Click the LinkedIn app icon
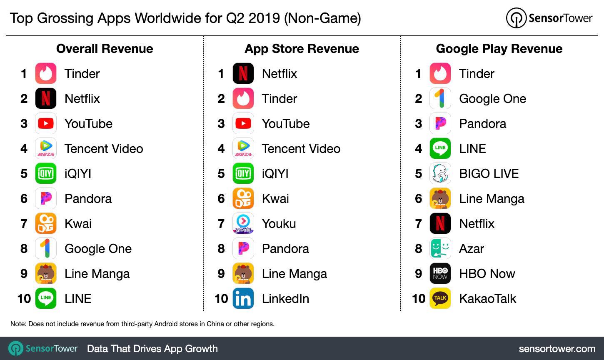tap(243, 298)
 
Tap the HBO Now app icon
tap(440, 273)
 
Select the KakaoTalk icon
tap(440, 298)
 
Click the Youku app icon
tap(243, 223)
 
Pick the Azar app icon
tap(440, 248)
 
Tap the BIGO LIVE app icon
tap(440, 173)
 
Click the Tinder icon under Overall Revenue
tap(46, 73)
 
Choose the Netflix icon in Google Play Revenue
tap(440, 223)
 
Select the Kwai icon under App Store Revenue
tap(243, 198)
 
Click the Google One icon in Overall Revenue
tap(46, 248)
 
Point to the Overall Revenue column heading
tap(105, 49)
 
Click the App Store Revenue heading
tap(302, 49)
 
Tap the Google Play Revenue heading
tap(499, 49)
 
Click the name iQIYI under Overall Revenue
tap(78, 174)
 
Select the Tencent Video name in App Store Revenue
tap(301, 149)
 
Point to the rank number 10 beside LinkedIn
tap(221, 299)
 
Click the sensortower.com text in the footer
tap(557, 348)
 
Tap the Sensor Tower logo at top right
tap(549, 18)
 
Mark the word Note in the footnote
tap(17, 324)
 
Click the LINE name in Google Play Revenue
tap(472, 149)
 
